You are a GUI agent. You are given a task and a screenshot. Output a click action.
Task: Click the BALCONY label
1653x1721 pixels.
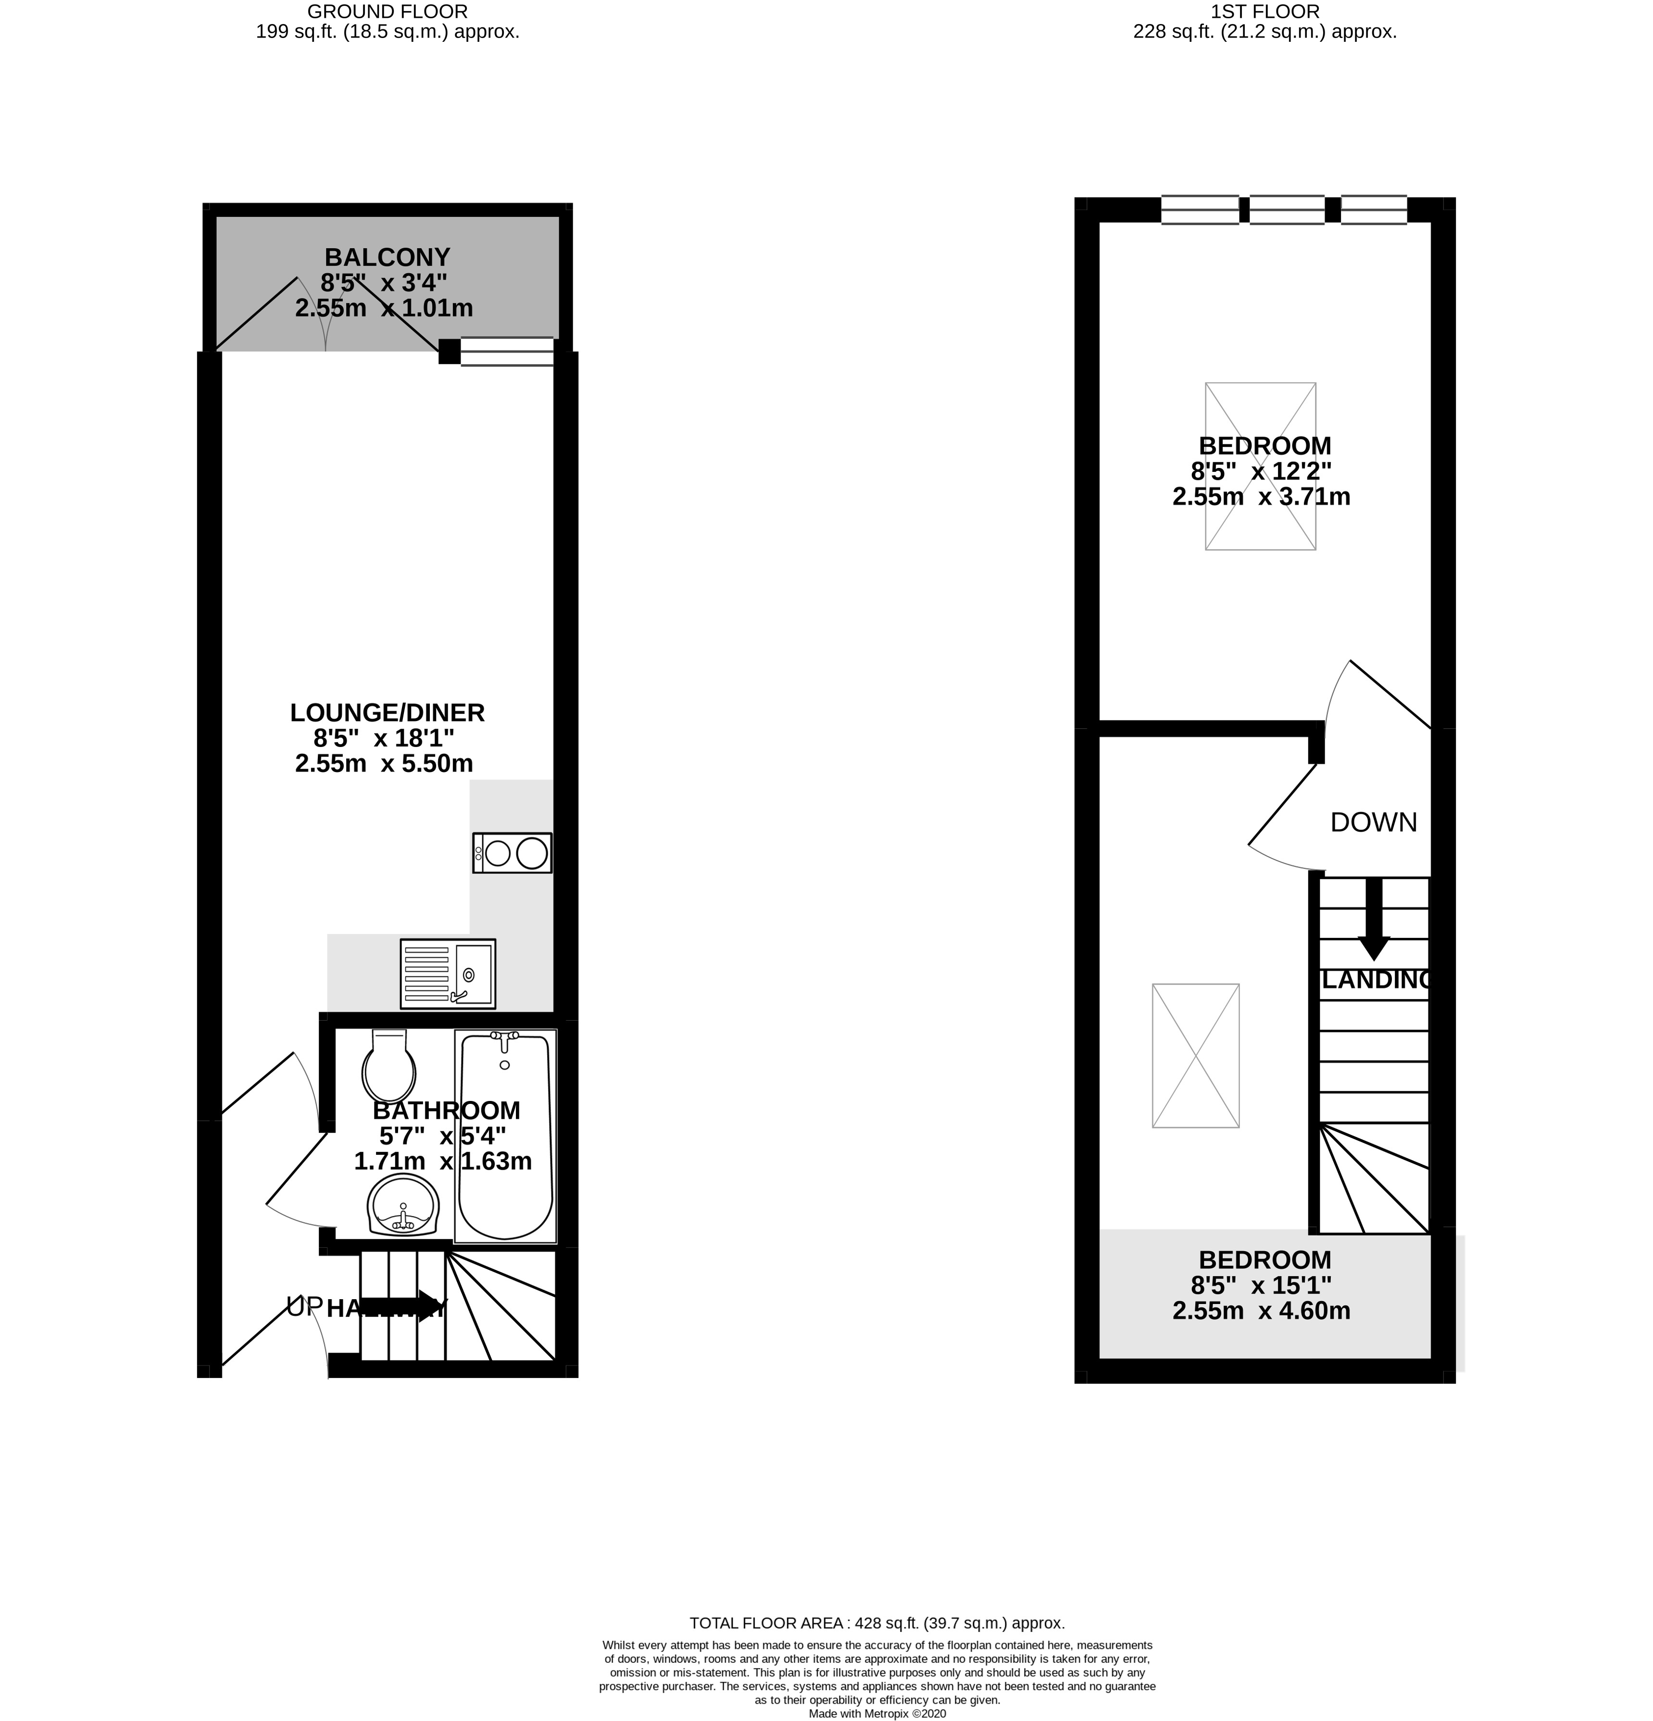coord(387,257)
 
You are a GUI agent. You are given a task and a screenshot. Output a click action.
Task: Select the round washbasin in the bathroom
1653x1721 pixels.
coord(403,1205)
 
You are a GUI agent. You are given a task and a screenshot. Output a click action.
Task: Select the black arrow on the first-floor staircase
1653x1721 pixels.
coord(1374,918)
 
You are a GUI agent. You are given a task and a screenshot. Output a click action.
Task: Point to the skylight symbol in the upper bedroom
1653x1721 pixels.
coord(1261,466)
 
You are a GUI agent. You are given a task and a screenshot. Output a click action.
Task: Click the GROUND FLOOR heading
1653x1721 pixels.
coord(387,12)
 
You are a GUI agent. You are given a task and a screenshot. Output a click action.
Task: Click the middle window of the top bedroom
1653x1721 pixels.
coord(1287,210)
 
